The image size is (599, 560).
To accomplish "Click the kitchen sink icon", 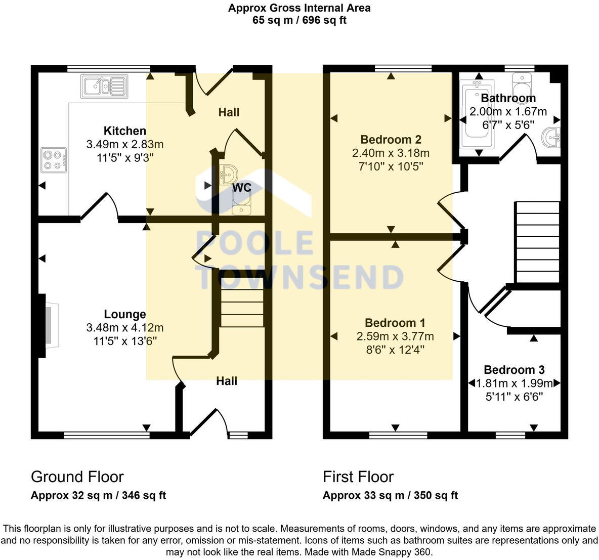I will point(104,87).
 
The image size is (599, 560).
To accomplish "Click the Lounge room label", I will point(125,314).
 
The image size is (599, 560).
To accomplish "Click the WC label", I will point(241,188).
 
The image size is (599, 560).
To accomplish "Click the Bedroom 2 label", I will point(391,140).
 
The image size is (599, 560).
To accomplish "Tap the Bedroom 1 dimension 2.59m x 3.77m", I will point(395,336).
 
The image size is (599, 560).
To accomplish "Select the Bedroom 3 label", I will point(514,370).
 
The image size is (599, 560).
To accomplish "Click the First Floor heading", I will point(358,477).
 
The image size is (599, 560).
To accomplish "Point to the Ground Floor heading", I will point(77,477).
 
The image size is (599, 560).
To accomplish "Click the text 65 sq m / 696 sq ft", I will point(299,21).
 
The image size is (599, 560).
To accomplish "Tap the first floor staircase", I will point(537,242).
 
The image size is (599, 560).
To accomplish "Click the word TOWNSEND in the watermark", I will point(299,277).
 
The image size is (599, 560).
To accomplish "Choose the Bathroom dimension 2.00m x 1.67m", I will point(508,112).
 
